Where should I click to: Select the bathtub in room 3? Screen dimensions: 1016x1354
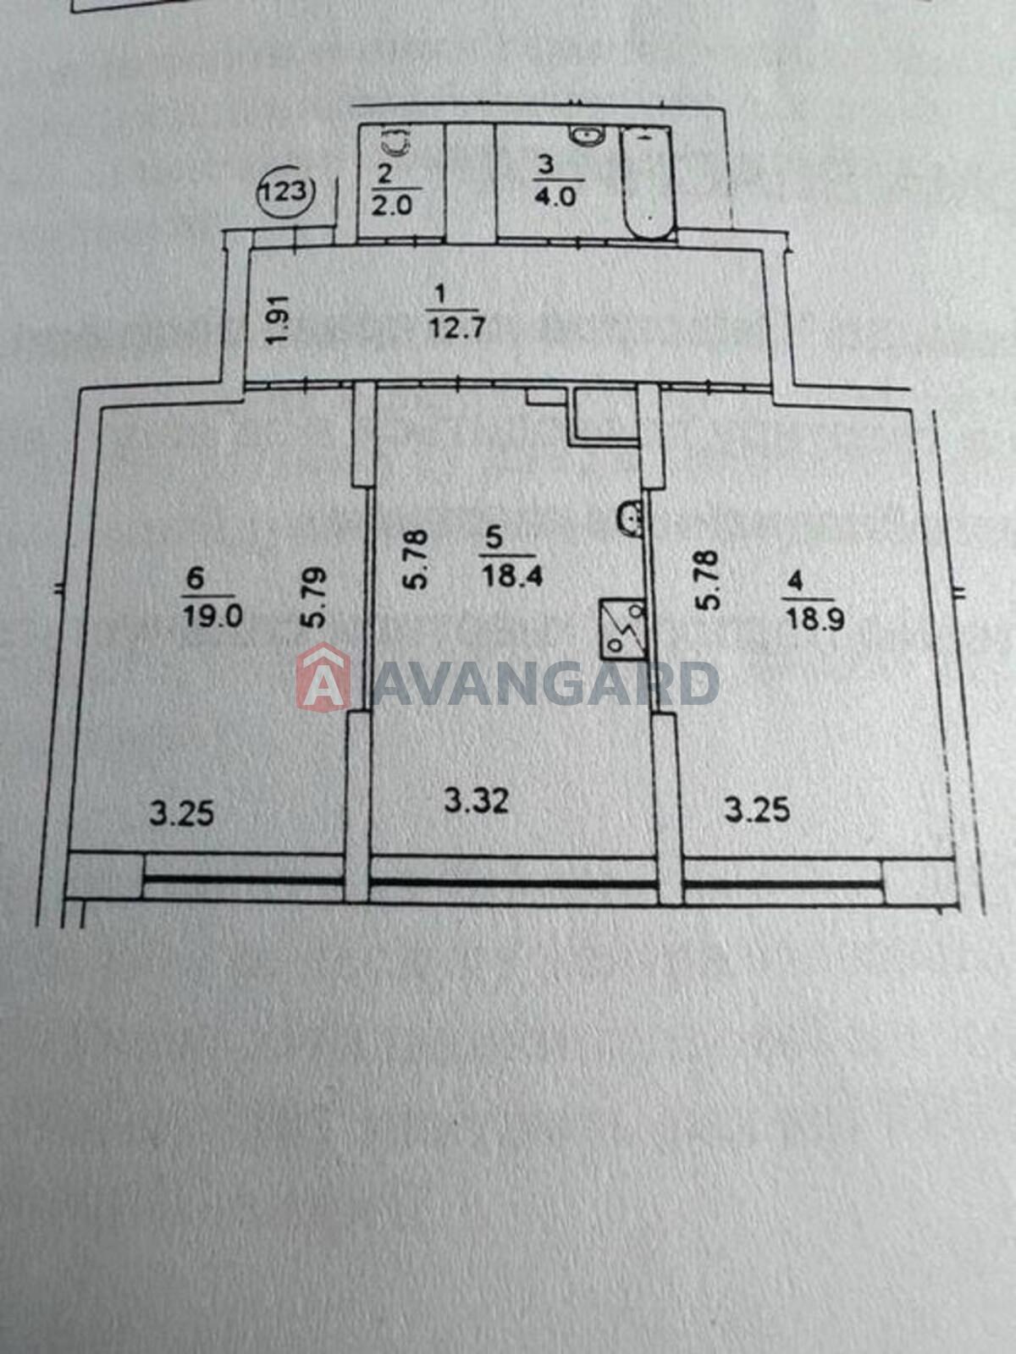[647, 183]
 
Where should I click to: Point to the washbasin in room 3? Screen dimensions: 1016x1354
[588, 135]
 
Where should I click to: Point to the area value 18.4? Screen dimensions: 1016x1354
[513, 578]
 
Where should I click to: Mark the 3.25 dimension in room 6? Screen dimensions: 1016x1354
[182, 813]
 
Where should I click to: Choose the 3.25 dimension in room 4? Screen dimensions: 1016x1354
[758, 810]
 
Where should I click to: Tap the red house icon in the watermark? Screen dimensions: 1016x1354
[324, 677]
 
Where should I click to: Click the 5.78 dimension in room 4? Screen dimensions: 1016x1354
[708, 580]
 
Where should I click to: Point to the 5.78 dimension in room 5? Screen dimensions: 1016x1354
[417, 559]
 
